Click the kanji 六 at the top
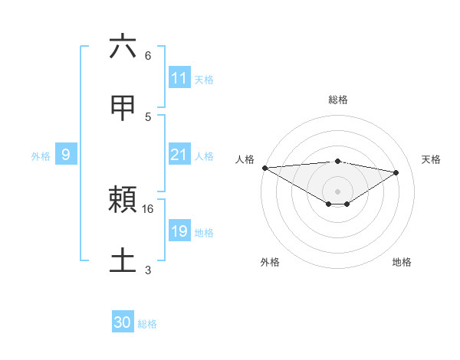click(x=123, y=47)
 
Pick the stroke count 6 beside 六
click(x=148, y=56)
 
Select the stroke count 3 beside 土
click(x=148, y=270)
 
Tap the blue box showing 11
click(x=179, y=78)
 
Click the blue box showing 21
click(x=179, y=155)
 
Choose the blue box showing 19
click(x=179, y=231)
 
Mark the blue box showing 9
click(x=66, y=155)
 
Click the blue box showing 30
click(x=123, y=322)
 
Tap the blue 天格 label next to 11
click(x=204, y=79)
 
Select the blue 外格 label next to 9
click(x=41, y=155)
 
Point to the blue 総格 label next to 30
click(x=147, y=323)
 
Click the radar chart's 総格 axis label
click(x=337, y=100)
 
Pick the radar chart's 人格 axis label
click(x=245, y=159)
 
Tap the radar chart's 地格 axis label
click(x=402, y=262)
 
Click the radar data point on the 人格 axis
click(x=264, y=168)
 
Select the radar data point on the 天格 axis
click(x=396, y=172)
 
